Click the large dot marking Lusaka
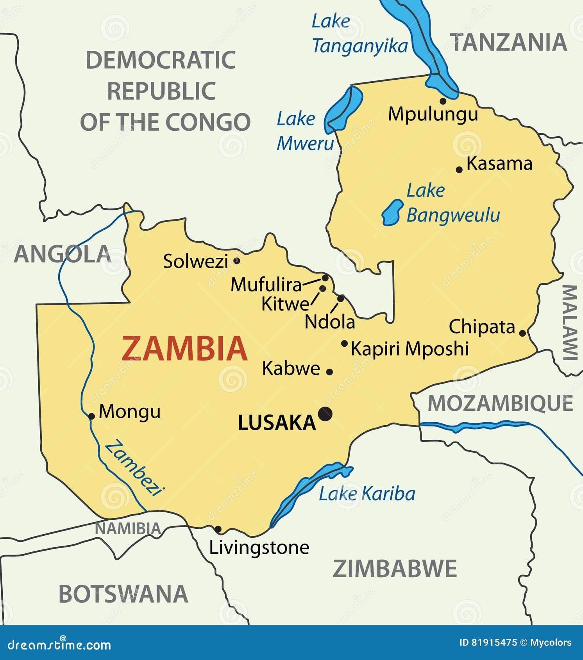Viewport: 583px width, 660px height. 325,414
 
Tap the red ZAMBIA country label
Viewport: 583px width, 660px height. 184,349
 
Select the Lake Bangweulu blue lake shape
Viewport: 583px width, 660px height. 392,212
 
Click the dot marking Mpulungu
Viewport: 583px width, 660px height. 443,101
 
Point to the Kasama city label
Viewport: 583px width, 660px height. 499,164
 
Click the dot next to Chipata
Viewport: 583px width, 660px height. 522,333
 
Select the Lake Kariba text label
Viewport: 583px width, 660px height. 367,494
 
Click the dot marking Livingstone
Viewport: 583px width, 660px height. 218,530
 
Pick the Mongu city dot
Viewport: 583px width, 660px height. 91,416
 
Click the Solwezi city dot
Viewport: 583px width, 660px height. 236,260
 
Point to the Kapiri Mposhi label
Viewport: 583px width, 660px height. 410,348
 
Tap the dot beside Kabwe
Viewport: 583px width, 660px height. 329,372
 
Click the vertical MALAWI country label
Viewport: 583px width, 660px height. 570,322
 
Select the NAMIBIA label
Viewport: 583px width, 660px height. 128,529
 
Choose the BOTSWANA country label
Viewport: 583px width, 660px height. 123,594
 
